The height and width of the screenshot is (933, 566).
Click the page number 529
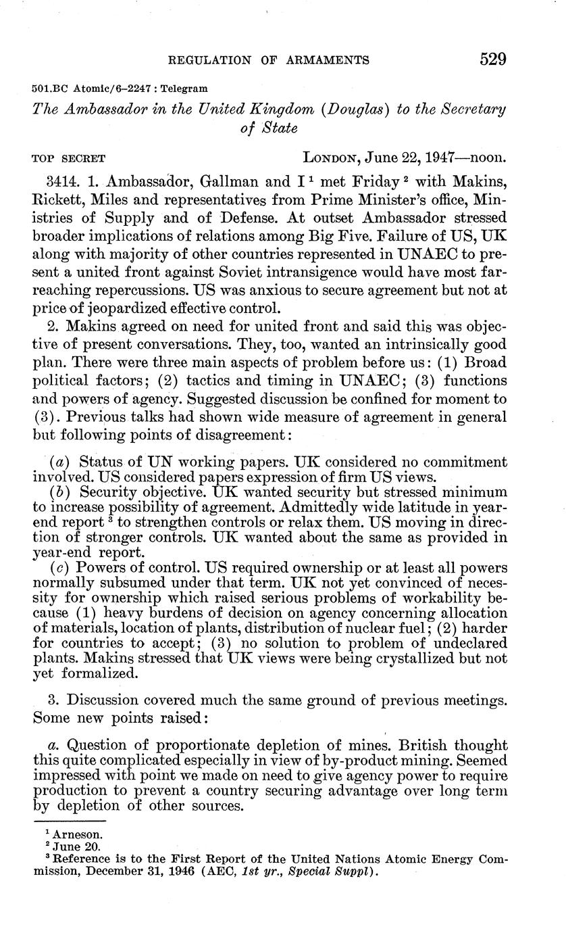click(493, 59)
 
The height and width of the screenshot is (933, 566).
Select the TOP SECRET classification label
click(69, 159)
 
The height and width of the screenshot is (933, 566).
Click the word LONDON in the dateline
click(332, 158)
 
